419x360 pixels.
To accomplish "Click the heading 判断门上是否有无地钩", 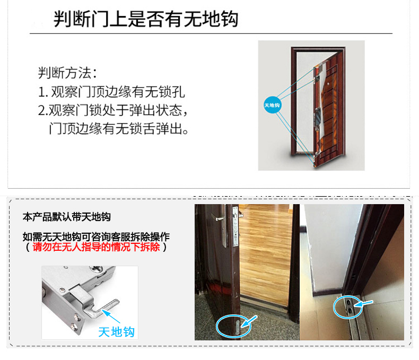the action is click(146, 19).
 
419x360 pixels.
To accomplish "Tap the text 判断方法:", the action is click(67, 73).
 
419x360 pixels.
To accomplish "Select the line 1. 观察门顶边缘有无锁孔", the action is click(111, 92).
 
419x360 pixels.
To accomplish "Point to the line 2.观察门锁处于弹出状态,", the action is click(113, 110).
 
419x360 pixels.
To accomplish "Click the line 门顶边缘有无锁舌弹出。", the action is click(119, 128).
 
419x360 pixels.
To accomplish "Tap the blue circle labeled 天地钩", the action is click(272, 105).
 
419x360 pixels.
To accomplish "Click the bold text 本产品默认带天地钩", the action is click(66, 217).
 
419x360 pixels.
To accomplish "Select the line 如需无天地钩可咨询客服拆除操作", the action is click(96, 236).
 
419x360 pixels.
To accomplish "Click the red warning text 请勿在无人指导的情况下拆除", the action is click(96, 247).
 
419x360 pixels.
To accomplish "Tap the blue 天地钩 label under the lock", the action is click(117, 332).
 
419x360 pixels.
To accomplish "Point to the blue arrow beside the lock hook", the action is click(111, 316).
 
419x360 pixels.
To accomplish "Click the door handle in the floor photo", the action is click(220, 227).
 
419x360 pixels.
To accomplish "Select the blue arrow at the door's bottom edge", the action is click(249, 321).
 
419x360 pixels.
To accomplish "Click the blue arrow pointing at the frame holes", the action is click(363, 304).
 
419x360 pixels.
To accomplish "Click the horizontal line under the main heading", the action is click(211, 33).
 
